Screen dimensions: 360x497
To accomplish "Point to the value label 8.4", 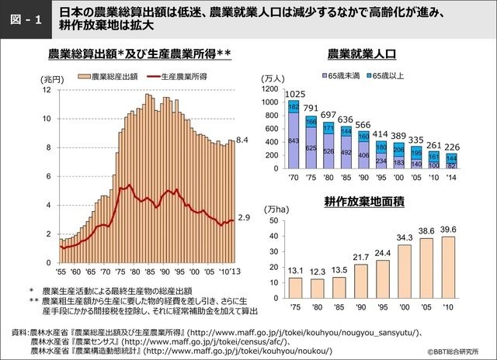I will point(242,140).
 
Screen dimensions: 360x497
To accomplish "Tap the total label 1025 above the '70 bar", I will point(294,94).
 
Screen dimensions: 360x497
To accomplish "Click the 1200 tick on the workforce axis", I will point(269,90).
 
